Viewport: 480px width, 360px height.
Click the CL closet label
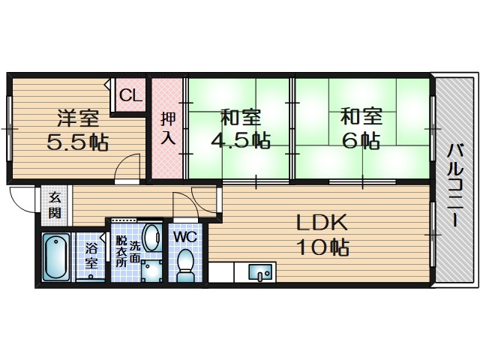(130, 95)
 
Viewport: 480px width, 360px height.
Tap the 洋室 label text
(78, 118)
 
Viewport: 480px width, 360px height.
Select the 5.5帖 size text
(78, 141)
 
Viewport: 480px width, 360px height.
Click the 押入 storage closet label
(168, 128)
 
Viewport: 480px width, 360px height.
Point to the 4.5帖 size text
(240, 140)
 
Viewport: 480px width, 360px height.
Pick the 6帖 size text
(361, 140)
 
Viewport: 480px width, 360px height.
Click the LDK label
(322, 223)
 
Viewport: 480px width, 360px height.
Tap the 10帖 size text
(323, 247)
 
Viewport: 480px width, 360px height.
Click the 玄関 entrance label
(55, 205)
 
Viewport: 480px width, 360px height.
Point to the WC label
(185, 237)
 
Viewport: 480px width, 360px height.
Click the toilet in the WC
(185, 265)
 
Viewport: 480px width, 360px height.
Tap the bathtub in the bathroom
(55, 256)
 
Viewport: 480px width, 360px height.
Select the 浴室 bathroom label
(91, 256)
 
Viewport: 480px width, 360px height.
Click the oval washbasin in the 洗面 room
(151, 238)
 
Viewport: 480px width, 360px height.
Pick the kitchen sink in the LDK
(260, 271)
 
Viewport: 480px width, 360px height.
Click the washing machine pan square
(151, 271)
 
